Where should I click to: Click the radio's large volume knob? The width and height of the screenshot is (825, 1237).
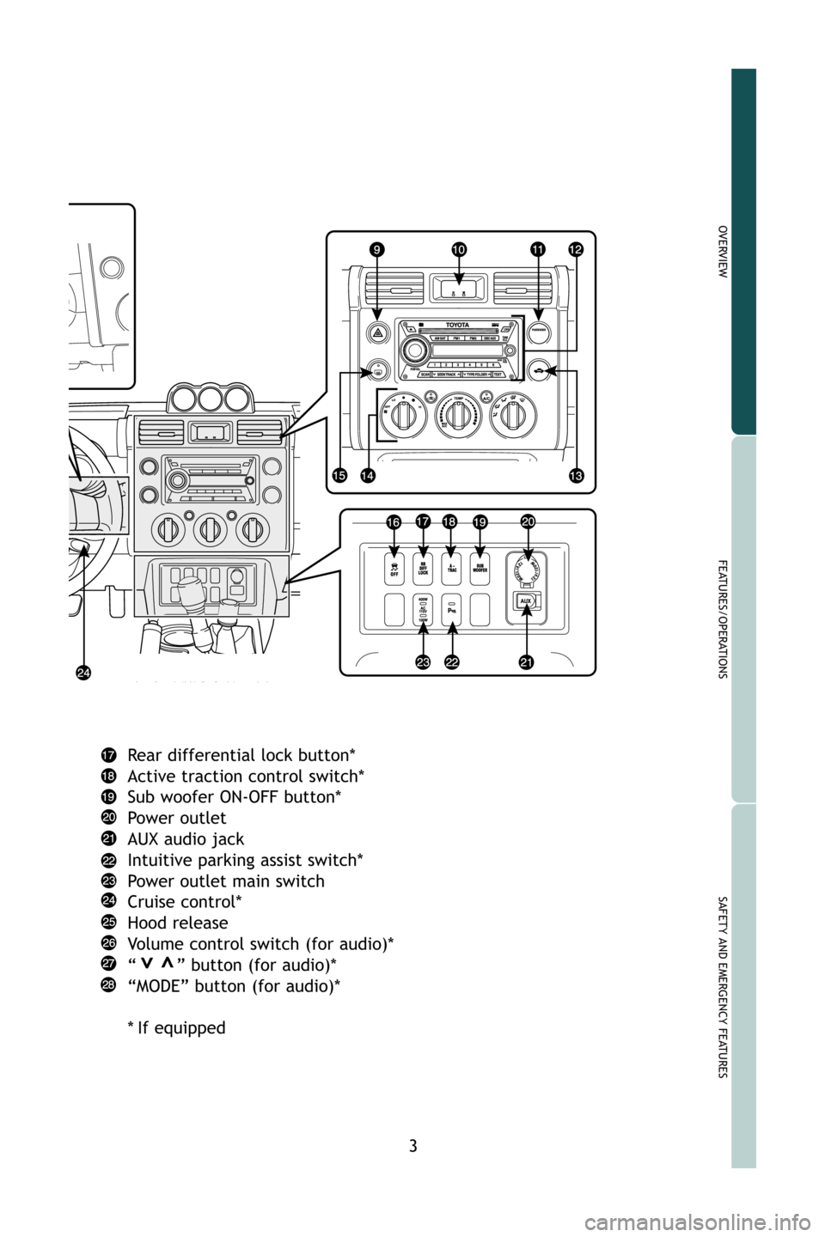click(416, 350)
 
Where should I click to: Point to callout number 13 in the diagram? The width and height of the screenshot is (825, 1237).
click(575, 475)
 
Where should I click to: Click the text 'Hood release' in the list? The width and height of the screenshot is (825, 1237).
click(177, 923)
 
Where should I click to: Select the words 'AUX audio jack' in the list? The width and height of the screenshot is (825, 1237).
click(185, 838)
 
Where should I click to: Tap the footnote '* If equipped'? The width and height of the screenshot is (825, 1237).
click(176, 1027)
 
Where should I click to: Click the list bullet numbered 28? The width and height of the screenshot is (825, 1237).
click(111, 986)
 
